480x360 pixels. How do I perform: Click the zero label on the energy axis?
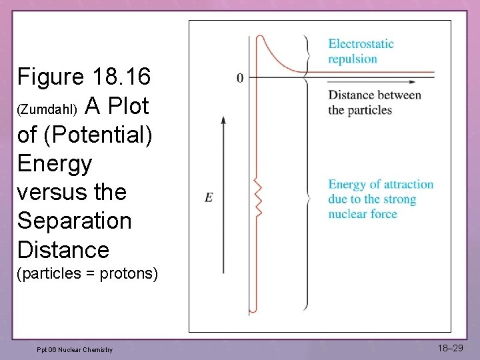pyautogui.click(x=240, y=78)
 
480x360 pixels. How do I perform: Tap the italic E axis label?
pyautogui.click(x=209, y=197)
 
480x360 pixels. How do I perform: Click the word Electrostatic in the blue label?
pyautogui.click(x=361, y=44)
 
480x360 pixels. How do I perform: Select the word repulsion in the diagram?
pyautogui.click(x=353, y=59)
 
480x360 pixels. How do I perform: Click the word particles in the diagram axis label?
pyautogui.click(x=370, y=109)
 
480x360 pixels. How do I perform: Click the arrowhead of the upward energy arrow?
pyautogui.click(x=223, y=119)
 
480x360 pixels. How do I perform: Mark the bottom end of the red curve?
pyautogui.click(x=252, y=311)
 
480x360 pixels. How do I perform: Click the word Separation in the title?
pyautogui.click(x=75, y=220)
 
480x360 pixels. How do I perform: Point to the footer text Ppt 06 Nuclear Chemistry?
pyautogui.click(x=75, y=350)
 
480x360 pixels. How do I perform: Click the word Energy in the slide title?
pyautogui.click(x=55, y=163)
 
